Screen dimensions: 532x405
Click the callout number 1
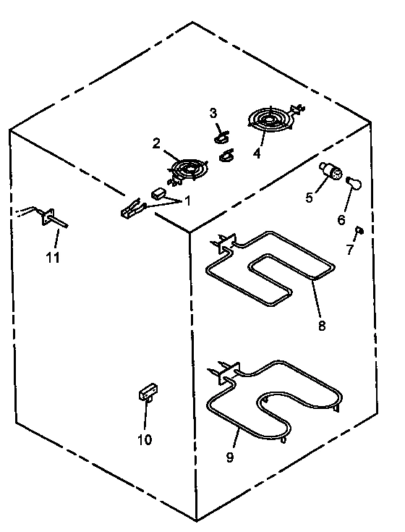[x=188, y=201]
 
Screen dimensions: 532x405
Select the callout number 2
[x=156, y=143]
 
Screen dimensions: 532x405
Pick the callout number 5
[x=310, y=197]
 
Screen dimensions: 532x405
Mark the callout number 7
[x=350, y=250]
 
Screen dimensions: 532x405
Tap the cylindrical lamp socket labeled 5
[x=331, y=171]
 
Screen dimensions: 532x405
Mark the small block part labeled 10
[x=148, y=392]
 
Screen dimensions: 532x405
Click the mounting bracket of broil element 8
[x=228, y=243]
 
